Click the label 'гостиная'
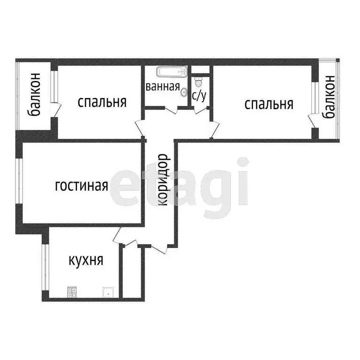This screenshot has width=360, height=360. pos(82,186)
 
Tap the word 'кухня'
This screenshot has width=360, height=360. pos(86,260)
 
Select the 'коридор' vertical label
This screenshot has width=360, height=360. pos(163,180)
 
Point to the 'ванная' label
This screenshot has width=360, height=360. pos(163,86)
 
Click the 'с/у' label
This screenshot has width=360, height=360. pos(199,96)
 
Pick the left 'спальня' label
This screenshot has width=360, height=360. pos(102,102)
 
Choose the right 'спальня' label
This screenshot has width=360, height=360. pos(269,104)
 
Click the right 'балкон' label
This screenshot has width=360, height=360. pos(329,97)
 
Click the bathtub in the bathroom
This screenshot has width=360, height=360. pos(172,73)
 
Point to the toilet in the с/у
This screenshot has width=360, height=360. pos(199,82)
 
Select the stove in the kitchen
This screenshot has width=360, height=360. pos(72,292)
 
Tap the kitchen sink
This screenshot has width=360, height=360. pos(108,292)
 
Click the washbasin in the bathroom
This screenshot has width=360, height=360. pos(184,92)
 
